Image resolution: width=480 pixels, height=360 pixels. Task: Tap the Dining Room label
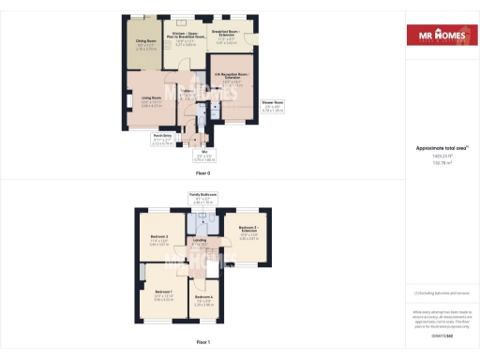pos(146,41)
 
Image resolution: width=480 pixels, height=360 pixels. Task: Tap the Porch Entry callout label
pos(163,136)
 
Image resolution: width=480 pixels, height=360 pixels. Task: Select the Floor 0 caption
pos(202,174)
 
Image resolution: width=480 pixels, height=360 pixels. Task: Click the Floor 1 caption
pos(202,344)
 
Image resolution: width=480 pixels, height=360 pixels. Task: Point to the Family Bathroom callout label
pos(202,194)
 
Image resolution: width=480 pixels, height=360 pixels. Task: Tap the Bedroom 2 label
pos(157,238)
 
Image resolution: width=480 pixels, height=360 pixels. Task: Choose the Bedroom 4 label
pos(204,297)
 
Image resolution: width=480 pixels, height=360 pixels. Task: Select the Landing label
pos(201,240)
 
